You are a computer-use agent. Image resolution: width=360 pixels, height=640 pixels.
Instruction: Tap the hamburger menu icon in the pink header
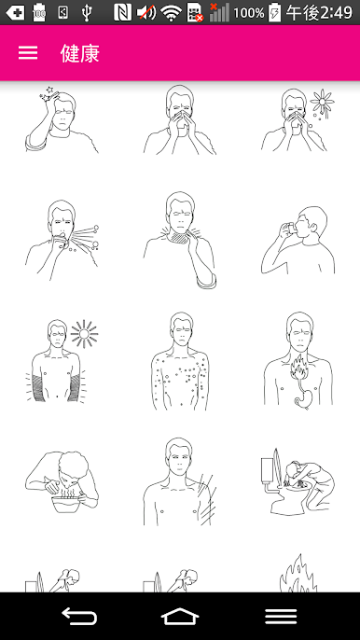click(28, 53)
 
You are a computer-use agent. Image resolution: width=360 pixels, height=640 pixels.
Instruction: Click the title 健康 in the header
click(80, 53)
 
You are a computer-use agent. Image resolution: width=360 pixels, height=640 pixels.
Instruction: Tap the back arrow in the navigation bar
click(78, 616)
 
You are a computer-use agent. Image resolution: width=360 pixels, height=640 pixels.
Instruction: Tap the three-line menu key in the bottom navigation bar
click(281, 616)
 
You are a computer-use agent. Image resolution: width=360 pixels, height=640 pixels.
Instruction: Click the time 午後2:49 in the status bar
click(319, 13)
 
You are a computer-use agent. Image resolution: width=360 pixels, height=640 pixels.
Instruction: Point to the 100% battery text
click(249, 13)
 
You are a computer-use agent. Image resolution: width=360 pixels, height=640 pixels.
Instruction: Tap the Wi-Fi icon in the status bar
click(171, 13)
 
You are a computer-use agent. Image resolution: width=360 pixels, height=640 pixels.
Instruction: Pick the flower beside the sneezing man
click(322, 101)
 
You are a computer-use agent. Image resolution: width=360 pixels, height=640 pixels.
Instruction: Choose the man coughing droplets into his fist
click(62, 240)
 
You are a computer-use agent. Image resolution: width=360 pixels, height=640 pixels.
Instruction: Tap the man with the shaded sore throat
click(180, 240)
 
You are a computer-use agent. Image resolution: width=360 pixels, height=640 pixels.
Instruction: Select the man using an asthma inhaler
click(298, 240)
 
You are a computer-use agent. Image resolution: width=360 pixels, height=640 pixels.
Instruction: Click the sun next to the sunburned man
click(84, 334)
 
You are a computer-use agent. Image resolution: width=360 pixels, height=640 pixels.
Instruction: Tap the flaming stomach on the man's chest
click(300, 381)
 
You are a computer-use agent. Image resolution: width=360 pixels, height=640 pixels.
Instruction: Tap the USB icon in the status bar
click(86, 13)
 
